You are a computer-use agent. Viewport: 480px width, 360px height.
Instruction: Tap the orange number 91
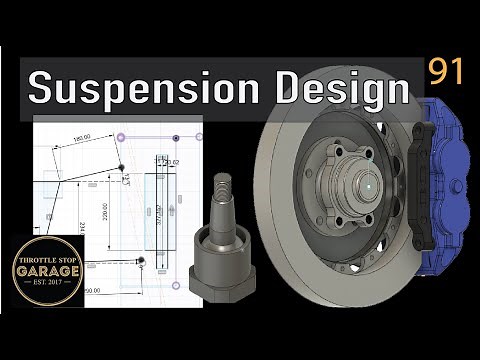click(x=446, y=71)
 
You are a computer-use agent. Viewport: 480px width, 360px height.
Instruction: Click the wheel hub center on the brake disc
click(x=368, y=185)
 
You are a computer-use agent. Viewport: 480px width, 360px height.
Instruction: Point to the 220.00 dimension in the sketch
click(x=103, y=216)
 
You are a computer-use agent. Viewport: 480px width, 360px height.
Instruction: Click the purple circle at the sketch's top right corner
click(x=200, y=136)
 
